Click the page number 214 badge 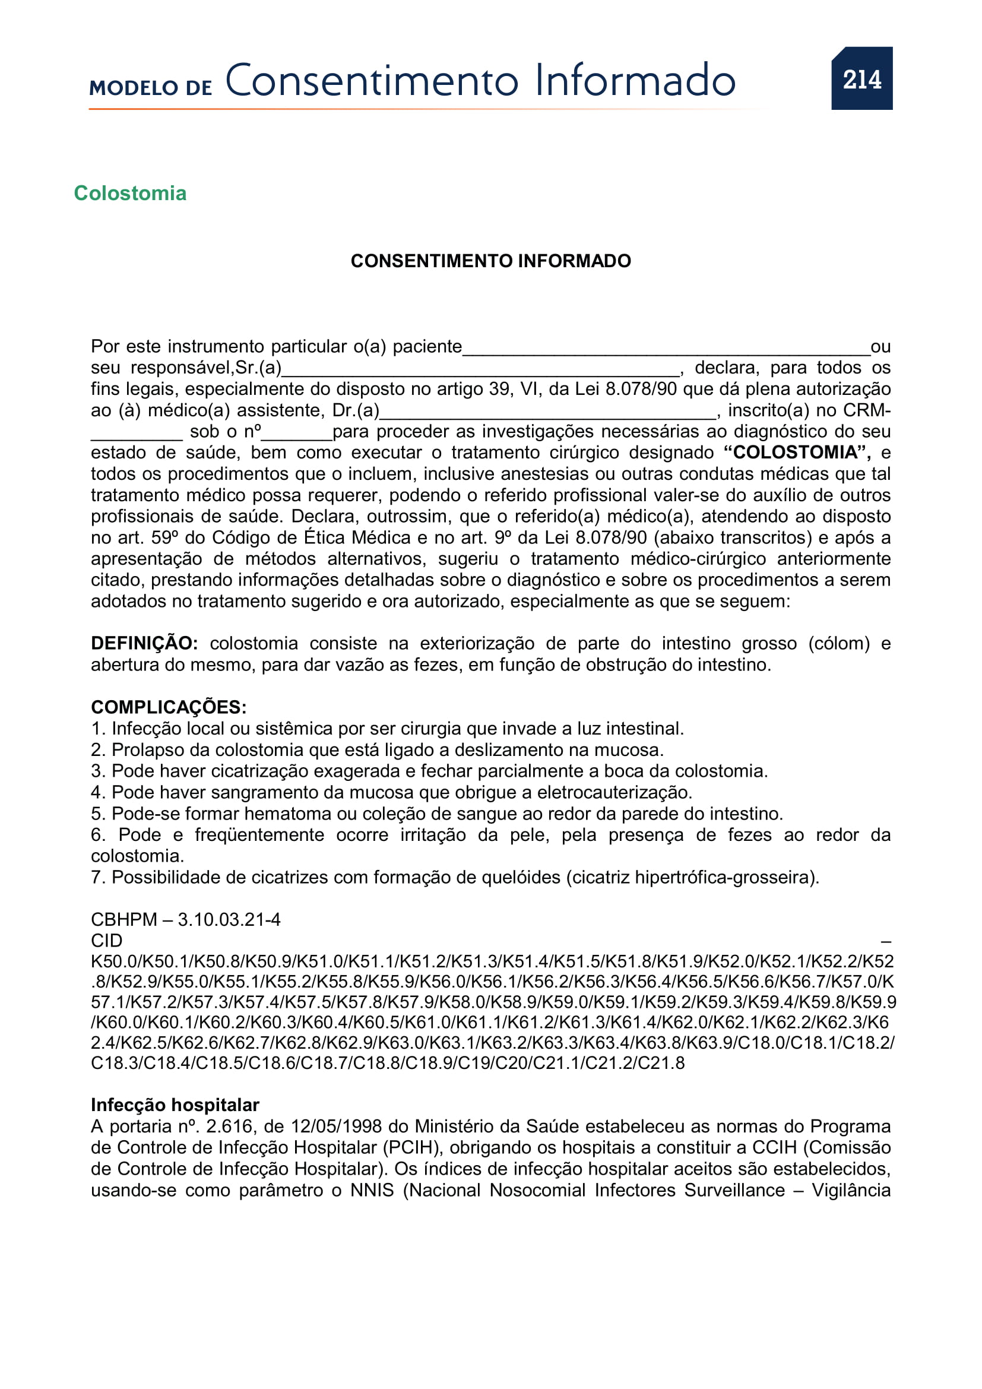[861, 78]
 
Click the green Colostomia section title [130, 193]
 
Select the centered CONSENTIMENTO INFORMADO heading [490, 261]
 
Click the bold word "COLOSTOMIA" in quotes [794, 452]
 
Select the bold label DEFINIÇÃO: [144, 643]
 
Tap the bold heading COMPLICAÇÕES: [168, 707]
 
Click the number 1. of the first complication [98, 729]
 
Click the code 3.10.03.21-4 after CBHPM [229, 919]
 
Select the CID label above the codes [106, 940]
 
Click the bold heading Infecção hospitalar [175, 1105]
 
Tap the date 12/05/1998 [336, 1126]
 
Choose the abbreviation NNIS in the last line [371, 1190]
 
